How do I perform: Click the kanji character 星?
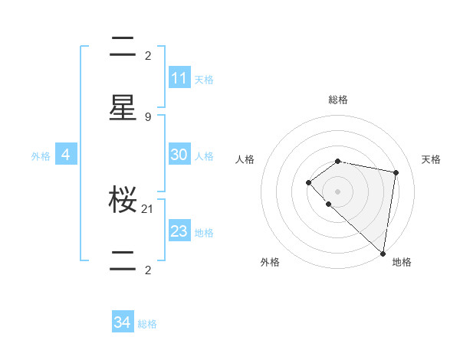(x=123, y=108)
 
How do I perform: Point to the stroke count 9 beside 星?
(x=148, y=117)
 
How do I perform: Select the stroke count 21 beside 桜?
(x=148, y=208)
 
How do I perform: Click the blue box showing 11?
(x=179, y=78)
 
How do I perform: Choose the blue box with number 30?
(x=179, y=155)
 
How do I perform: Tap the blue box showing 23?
(x=179, y=231)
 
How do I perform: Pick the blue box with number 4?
(x=66, y=155)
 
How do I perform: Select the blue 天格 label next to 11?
(x=204, y=79)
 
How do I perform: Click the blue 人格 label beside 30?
(x=204, y=155)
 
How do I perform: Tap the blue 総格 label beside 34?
(x=147, y=324)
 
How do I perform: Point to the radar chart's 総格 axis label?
(x=338, y=100)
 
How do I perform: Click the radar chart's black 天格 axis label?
(x=432, y=159)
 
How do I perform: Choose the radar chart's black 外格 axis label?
(x=270, y=262)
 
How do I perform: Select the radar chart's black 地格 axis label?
(x=402, y=262)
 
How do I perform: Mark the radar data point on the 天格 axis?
(x=396, y=172)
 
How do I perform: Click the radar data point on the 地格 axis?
(x=383, y=253)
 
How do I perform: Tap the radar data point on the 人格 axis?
(x=308, y=182)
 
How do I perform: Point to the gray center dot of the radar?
(x=338, y=191)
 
